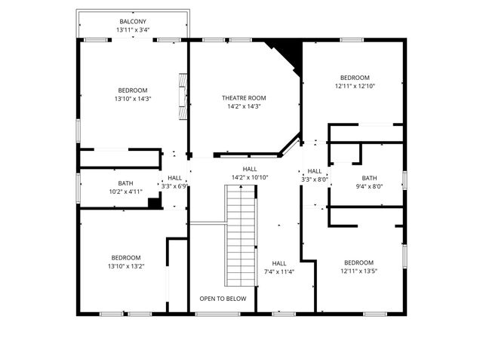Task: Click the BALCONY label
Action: click(133, 22)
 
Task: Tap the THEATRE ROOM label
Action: click(244, 98)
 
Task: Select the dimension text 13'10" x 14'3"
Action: click(133, 99)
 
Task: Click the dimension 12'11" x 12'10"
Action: click(355, 86)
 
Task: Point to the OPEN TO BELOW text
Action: click(223, 299)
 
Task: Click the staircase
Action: click(241, 236)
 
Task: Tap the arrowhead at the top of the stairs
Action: click(241, 186)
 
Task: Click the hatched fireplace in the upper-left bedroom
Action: click(183, 96)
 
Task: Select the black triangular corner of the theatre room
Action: click(287, 55)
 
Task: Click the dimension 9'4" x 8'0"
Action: click(369, 186)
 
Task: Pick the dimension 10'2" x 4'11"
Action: click(126, 192)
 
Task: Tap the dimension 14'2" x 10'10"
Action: click(250, 177)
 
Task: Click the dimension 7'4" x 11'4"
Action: click(279, 271)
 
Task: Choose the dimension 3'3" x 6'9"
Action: click(174, 186)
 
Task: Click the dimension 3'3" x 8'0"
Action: click(315, 179)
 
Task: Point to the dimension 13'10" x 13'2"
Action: click(126, 266)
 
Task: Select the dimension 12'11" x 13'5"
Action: click(359, 271)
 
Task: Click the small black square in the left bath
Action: click(154, 203)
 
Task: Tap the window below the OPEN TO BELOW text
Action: click(218, 314)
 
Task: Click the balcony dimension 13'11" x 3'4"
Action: click(133, 30)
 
